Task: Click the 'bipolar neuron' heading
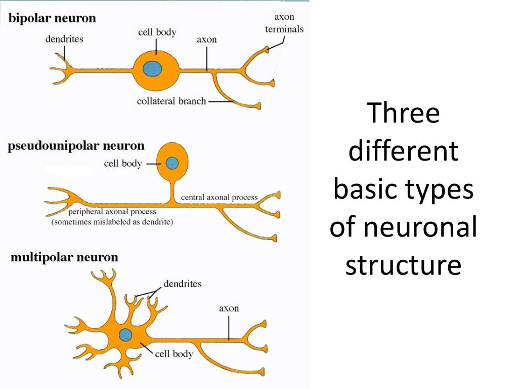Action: pyautogui.click(x=52, y=19)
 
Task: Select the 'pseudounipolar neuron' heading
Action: pyautogui.click(x=76, y=146)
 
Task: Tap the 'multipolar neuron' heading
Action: pyautogui.click(x=64, y=257)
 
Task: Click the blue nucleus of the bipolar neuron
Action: pyautogui.click(x=152, y=68)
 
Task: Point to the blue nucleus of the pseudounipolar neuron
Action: pyautogui.click(x=172, y=163)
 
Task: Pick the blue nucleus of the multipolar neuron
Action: pyautogui.click(x=125, y=334)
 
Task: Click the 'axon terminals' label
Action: pyautogui.click(x=284, y=23)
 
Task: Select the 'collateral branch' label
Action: pyautogui.click(x=171, y=101)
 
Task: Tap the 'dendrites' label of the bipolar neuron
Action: pyautogui.click(x=64, y=38)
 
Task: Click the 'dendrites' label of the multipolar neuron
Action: pyautogui.click(x=183, y=284)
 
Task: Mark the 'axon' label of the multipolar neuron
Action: pyautogui.click(x=229, y=308)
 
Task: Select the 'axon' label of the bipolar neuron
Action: pyautogui.click(x=206, y=40)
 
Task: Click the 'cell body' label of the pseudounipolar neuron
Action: pyautogui.click(x=122, y=164)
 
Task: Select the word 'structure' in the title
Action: pyautogui.click(x=403, y=265)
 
